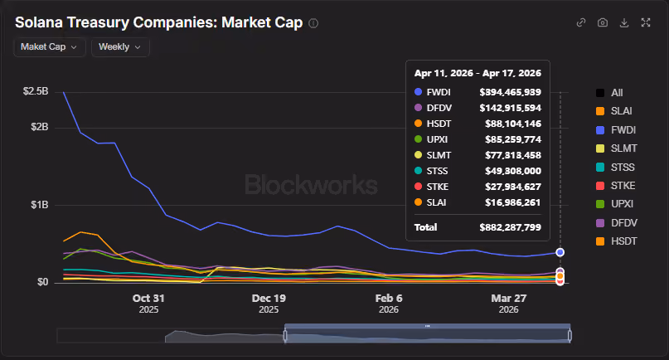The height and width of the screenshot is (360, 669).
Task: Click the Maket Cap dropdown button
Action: point(50,47)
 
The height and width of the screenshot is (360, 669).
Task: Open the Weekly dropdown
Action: point(120,47)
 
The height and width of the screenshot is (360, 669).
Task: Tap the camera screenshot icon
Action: point(603,22)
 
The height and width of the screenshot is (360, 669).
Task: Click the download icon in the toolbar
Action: point(624,22)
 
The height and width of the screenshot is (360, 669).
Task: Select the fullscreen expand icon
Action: point(646,22)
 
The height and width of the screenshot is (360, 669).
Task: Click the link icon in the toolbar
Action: point(581,22)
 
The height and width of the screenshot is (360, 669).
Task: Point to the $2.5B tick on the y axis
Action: point(36,91)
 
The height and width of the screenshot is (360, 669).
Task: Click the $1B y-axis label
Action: point(39,205)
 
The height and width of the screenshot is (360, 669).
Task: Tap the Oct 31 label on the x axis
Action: point(148,299)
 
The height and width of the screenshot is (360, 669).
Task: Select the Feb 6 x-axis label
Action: point(389,299)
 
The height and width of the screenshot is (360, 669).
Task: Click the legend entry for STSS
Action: point(615,168)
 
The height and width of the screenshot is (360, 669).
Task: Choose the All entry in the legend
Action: point(609,93)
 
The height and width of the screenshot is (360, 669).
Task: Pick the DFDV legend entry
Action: point(617,223)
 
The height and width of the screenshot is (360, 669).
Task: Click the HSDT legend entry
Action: point(617,241)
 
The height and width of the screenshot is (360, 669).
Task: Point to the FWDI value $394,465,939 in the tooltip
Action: point(511,92)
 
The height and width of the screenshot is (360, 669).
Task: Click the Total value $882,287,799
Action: point(511,227)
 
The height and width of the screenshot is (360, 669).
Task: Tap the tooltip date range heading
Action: point(478,74)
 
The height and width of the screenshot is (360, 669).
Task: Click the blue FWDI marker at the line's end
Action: point(560,252)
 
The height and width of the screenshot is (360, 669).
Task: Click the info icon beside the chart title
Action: point(313,23)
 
